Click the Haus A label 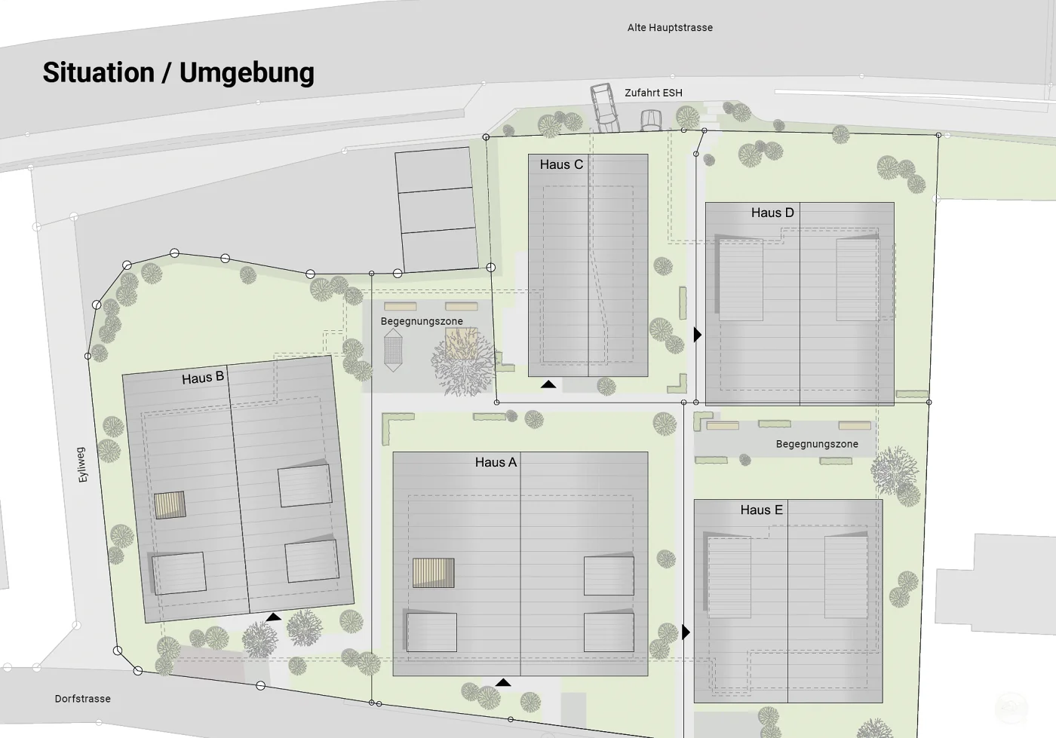click(x=496, y=462)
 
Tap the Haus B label click(x=203, y=378)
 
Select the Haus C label click(x=561, y=164)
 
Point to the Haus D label click(x=772, y=213)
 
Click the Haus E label click(x=761, y=510)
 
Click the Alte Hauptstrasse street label click(x=670, y=28)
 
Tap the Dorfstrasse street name click(x=82, y=699)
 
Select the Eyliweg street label click(x=82, y=464)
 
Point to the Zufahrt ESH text click(x=653, y=93)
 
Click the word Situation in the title click(x=99, y=72)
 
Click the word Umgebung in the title click(x=247, y=73)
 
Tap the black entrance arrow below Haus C click(x=548, y=384)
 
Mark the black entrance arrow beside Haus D click(x=697, y=335)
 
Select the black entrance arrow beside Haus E click(x=686, y=632)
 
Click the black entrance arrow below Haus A click(x=503, y=682)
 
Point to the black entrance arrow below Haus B click(x=273, y=617)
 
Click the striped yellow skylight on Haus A click(x=433, y=573)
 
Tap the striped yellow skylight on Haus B click(x=169, y=505)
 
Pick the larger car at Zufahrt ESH click(x=605, y=109)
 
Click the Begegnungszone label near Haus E click(x=817, y=444)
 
